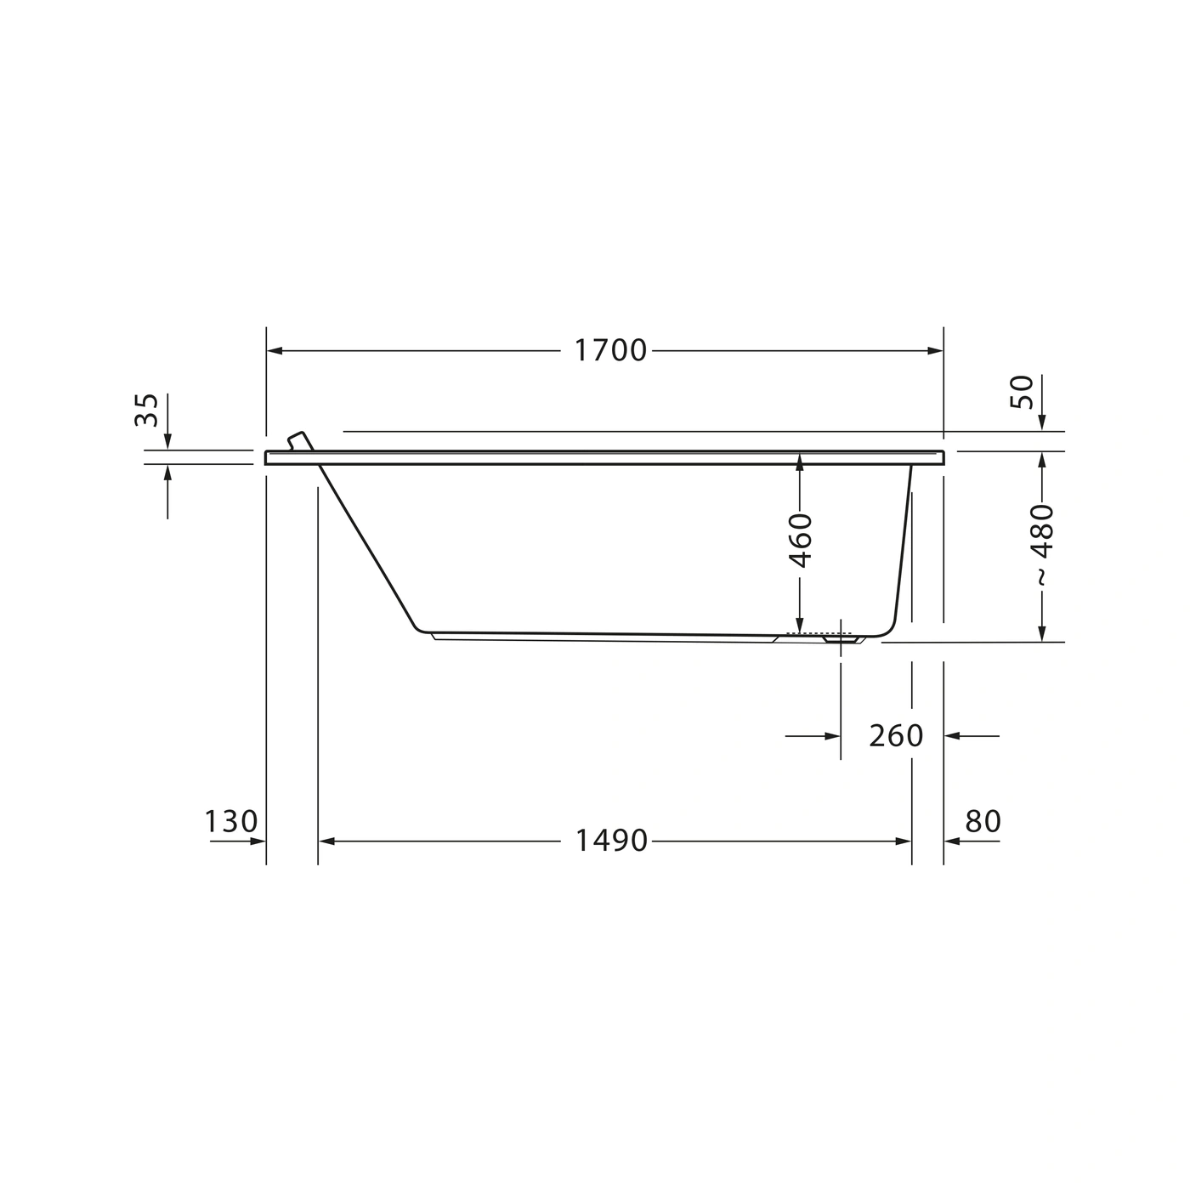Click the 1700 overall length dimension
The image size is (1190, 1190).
tap(610, 351)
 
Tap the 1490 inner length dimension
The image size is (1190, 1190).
tap(611, 841)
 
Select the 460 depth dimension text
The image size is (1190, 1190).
tap(801, 540)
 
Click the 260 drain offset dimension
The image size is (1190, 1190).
tap(895, 735)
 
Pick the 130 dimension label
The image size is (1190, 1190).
tap(231, 821)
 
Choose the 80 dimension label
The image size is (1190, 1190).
tap(983, 821)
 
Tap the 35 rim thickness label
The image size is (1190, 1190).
tap(146, 410)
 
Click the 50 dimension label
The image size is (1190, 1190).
tap(1022, 392)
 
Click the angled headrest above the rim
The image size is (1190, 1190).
tap(301, 441)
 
